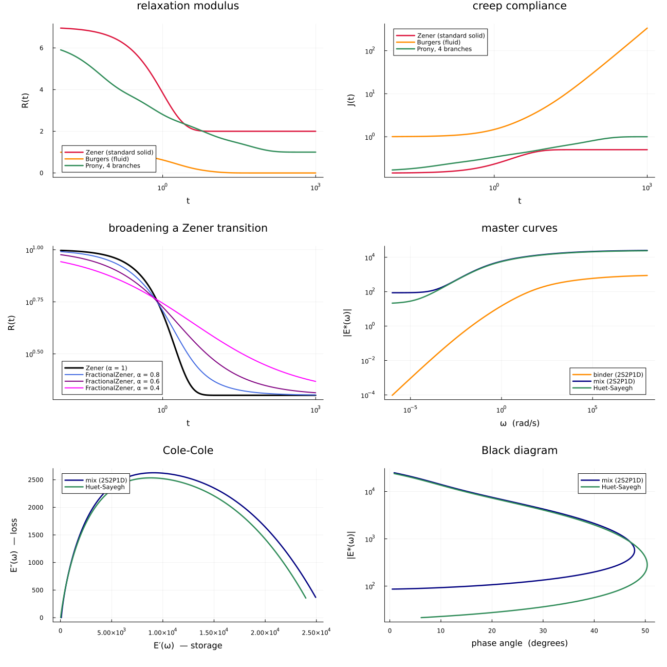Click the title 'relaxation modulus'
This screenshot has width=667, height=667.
coord(188,6)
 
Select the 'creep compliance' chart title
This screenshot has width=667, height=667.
coord(519,6)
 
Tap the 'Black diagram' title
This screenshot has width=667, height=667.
coord(519,450)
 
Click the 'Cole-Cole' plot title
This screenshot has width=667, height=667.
coord(188,450)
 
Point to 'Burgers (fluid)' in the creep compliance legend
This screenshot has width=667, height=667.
coord(438,42)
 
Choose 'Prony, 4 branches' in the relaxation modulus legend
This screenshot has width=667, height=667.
coord(113,166)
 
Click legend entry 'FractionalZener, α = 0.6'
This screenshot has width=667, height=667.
coord(122,381)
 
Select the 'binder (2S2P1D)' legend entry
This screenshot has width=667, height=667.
coord(618,375)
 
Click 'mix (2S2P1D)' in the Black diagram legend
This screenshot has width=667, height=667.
coord(622,480)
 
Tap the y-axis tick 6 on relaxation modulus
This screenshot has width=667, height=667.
coord(42,48)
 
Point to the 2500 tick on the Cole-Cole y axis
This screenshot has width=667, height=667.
coord(36,480)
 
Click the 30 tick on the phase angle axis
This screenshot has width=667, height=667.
coord(543,631)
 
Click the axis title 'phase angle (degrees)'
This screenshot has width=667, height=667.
coord(519,643)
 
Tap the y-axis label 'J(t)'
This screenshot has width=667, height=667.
coord(351,100)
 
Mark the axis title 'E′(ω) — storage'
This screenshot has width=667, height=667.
coord(188,645)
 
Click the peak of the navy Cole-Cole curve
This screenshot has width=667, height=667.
coord(153,473)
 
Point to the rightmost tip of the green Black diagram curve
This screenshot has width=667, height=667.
coord(647,566)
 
